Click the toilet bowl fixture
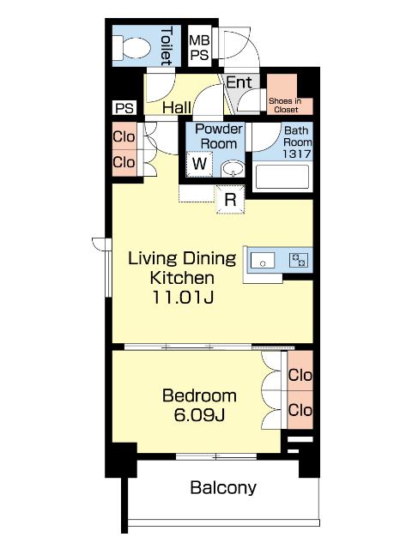pos(131,48)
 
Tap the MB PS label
pos(199,47)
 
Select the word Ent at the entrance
pos(239,82)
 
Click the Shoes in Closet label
pos(285,105)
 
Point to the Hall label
pos(177,107)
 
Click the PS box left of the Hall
pos(124,108)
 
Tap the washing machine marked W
pos(199,164)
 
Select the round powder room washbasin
pos(233,168)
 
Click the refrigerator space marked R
pos(230,199)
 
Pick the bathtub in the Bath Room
pos(282,178)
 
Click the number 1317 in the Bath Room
pos(297,154)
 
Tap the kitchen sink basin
pos(263,260)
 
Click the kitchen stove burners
pos(299,260)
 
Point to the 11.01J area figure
pos(183,298)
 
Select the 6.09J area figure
pos(199,415)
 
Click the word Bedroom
pos(199,395)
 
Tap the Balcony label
pos(223,488)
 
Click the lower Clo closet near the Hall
pos(124,162)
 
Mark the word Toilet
pos(166,46)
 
